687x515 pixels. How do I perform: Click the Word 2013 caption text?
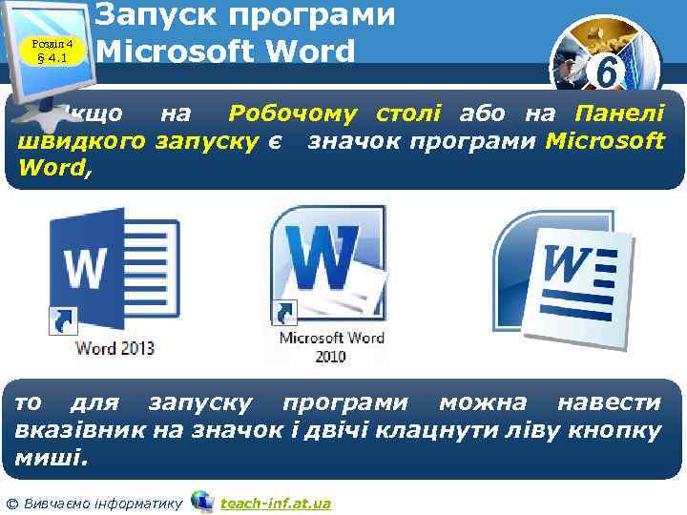[114, 347]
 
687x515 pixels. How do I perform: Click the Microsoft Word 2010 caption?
[331, 345]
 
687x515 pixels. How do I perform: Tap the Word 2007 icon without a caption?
[563, 277]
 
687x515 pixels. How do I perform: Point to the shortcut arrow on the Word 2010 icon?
[284, 312]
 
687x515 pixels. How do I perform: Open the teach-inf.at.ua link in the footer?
[275, 502]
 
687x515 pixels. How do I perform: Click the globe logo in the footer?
[202, 501]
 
